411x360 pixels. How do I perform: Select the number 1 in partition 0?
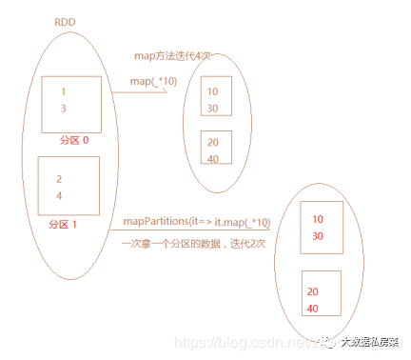point(63,92)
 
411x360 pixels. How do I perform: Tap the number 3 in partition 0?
point(63,108)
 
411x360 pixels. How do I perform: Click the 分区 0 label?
point(73,141)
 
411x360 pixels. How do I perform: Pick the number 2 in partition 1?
point(58,179)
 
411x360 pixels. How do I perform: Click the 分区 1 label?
point(64,225)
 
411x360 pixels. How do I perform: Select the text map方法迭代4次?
point(167,57)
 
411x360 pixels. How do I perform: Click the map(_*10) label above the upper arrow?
point(154,82)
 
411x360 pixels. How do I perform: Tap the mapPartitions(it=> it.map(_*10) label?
point(197,223)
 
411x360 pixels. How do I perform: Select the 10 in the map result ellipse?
point(211,92)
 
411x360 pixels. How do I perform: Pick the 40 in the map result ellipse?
point(211,158)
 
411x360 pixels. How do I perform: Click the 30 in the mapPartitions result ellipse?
point(317,235)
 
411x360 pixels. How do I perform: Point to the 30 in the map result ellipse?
point(211,108)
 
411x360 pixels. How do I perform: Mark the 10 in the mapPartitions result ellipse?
point(317,219)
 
